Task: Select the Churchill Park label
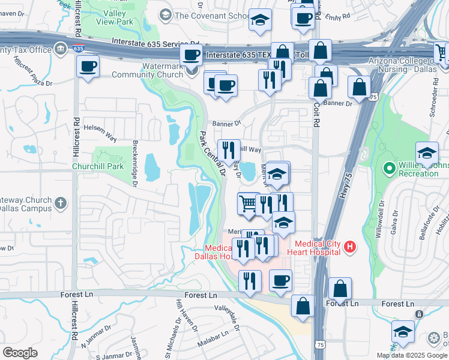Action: point(97,166)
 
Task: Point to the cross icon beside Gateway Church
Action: point(60,203)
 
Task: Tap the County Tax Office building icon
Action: point(60,49)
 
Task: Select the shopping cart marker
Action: point(249,203)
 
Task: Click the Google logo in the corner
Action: point(20,353)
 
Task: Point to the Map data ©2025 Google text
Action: point(411,355)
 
